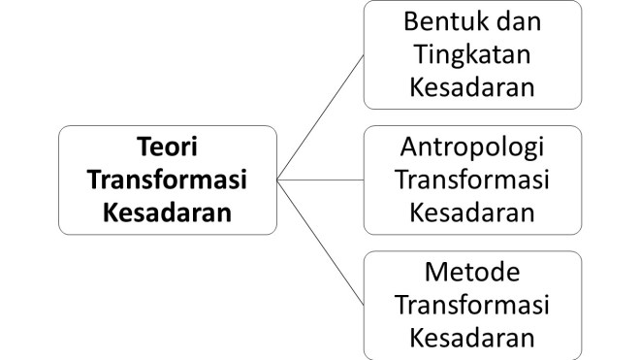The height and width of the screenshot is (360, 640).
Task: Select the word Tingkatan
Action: [x=472, y=53]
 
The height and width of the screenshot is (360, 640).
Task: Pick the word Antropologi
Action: [x=472, y=148]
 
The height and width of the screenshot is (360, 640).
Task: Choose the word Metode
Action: [x=472, y=274]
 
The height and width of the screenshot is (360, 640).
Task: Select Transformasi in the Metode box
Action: [x=472, y=305]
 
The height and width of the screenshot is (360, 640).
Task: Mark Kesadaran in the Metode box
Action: [x=472, y=336]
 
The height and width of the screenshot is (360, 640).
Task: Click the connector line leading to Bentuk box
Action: [x=320, y=117]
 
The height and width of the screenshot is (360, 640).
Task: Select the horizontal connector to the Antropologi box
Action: [x=320, y=180]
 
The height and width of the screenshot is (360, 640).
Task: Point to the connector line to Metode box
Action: [x=320, y=242]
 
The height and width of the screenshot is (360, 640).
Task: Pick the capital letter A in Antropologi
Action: [x=408, y=148]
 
